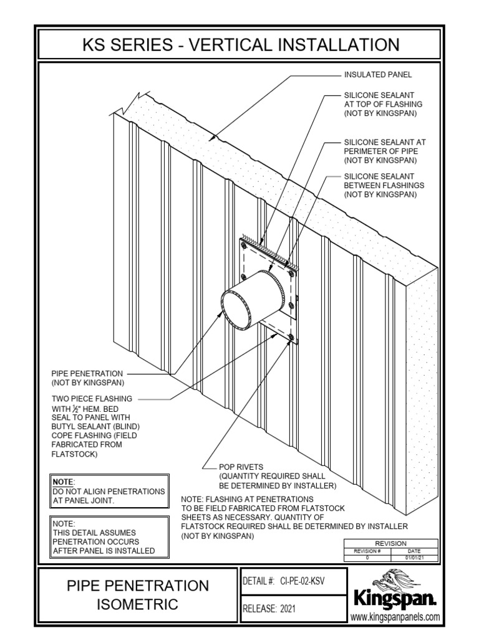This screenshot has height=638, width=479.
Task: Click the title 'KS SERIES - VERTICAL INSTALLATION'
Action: pos(240,45)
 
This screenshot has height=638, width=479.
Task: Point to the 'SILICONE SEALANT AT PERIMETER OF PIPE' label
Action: pos(385,151)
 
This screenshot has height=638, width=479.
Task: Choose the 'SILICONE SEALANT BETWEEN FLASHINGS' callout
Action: pos(384,186)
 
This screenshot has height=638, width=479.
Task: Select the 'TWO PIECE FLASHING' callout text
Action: pos(92,398)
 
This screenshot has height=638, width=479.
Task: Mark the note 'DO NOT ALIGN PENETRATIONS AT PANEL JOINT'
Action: pos(109,492)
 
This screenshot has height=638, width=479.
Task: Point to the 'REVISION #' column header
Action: pos(367,551)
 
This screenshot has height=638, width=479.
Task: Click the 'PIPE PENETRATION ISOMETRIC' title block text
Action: pos(138,594)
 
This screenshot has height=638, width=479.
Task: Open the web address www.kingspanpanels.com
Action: pos(395,617)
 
